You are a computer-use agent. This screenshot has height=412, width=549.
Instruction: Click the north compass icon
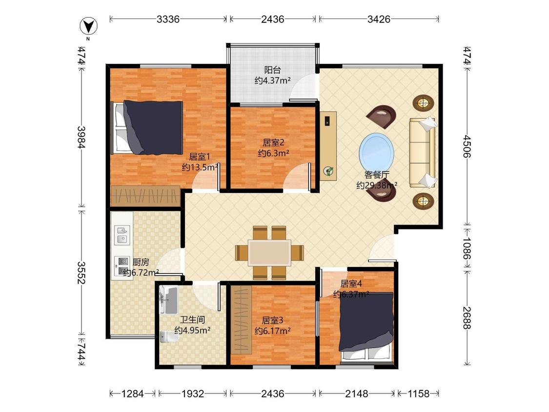88,27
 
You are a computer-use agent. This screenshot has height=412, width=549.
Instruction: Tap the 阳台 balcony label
272,70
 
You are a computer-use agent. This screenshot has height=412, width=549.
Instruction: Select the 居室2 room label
273,143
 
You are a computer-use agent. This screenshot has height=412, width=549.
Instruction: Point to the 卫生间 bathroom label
192,320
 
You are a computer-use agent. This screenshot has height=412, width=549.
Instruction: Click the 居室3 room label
272,320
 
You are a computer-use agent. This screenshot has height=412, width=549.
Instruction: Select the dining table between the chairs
269,252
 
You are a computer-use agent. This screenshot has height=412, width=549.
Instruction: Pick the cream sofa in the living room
422,152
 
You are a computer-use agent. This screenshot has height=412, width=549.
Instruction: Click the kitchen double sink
122,235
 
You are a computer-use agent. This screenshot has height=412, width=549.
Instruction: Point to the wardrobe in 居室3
241,320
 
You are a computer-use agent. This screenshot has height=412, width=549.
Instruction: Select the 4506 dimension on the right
467,146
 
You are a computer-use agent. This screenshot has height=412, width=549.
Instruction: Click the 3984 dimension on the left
81,137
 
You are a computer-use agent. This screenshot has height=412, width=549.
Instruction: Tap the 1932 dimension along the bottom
193,394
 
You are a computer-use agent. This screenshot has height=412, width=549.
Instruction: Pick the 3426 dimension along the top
379,19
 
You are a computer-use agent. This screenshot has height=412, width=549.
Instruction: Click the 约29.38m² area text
377,185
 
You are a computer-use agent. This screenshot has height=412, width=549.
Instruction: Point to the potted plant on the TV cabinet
328,171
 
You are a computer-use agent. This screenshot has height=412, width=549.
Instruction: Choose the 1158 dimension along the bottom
418,394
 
